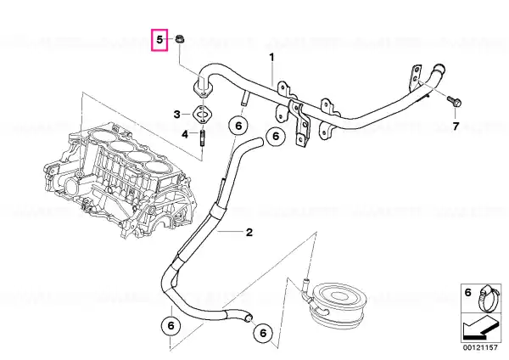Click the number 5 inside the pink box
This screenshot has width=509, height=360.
point(159,40)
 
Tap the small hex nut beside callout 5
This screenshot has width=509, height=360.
point(178,40)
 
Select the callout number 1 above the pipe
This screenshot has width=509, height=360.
point(271,58)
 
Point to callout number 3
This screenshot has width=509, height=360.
point(177,115)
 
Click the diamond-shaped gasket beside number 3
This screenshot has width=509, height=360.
point(203,115)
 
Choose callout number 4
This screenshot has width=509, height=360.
point(185,134)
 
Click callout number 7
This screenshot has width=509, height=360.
point(456,126)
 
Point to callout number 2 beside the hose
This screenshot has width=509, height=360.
point(249,233)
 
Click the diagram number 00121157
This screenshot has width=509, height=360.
point(480,347)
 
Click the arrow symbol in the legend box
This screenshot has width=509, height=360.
point(480,328)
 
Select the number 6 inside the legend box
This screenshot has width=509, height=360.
point(467,293)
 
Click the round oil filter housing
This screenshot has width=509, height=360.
point(338,304)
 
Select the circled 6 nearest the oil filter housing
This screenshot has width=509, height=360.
point(263,332)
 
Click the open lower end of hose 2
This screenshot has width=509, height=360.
point(249,318)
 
